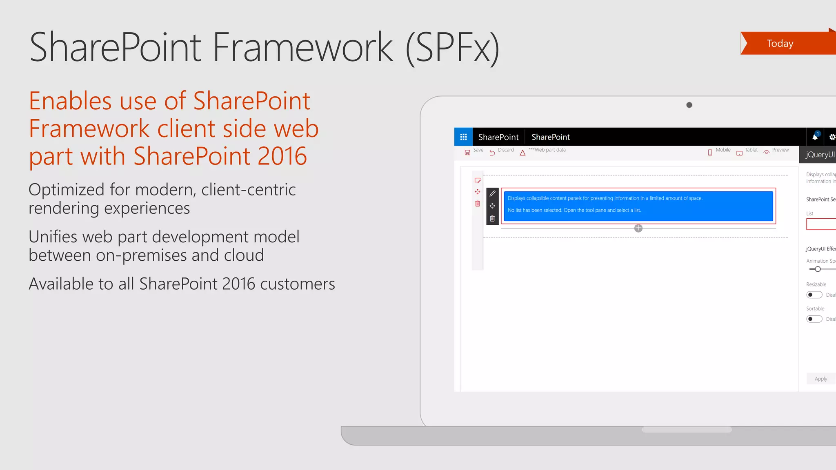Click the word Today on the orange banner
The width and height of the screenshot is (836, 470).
tap(780, 44)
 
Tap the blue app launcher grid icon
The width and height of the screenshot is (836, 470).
tap(463, 137)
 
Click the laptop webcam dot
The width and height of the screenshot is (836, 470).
tap(689, 105)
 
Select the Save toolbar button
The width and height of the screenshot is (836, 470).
tap(474, 151)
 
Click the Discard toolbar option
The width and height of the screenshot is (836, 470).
tap(502, 151)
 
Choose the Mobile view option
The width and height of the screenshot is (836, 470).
tap(719, 151)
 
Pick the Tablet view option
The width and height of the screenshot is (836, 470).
tap(747, 151)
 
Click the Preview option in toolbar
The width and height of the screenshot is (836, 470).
tap(776, 151)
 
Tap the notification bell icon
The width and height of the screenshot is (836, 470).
tap(815, 137)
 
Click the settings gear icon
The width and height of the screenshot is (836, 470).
tap(832, 137)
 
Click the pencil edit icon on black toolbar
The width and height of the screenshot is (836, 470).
tap(492, 194)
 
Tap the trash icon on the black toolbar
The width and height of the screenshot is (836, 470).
tap(492, 219)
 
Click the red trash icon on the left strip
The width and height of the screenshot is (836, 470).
tap(478, 204)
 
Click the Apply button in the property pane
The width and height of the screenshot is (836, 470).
tap(820, 379)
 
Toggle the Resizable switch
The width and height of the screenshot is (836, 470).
tap(814, 295)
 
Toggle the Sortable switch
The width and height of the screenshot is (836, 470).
tap(814, 319)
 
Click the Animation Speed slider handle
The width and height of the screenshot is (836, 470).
tap(818, 269)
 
